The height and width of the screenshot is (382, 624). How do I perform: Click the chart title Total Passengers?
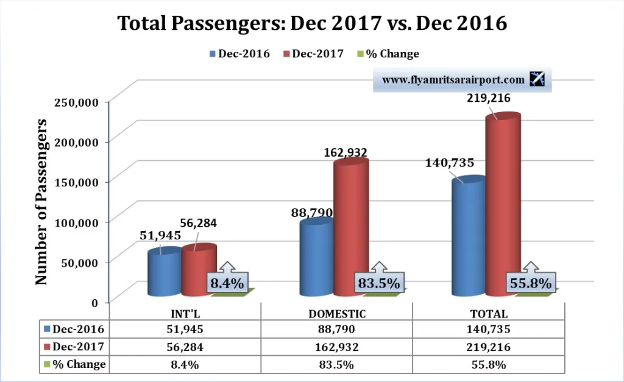pos(312,23)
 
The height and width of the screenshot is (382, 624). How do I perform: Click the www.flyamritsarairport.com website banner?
pos(453,80)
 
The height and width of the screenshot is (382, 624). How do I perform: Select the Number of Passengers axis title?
pos(41,202)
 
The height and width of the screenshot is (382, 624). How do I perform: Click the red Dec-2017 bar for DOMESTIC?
pos(350,228)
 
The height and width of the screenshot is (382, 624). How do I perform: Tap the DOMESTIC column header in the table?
pos(336,314)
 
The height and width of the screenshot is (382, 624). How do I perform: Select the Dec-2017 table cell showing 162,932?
pos(336,347)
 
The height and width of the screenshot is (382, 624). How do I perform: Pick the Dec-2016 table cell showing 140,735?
pos(489,330)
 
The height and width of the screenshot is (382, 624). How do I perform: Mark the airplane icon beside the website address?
pos(537,79)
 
